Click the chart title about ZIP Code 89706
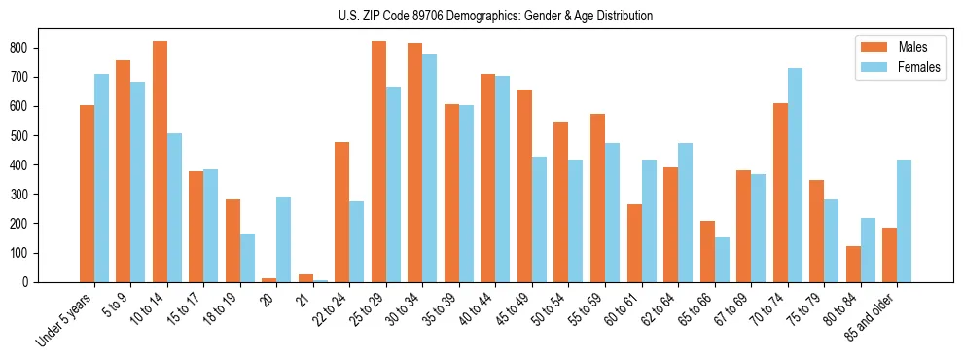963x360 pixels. tap(481, 16)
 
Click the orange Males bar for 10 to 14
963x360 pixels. tap(160, 162)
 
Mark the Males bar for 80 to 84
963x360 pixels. tap(853, 264)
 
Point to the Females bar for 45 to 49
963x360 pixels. tap(539, 219)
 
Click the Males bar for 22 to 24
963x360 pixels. tap(342, 212)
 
